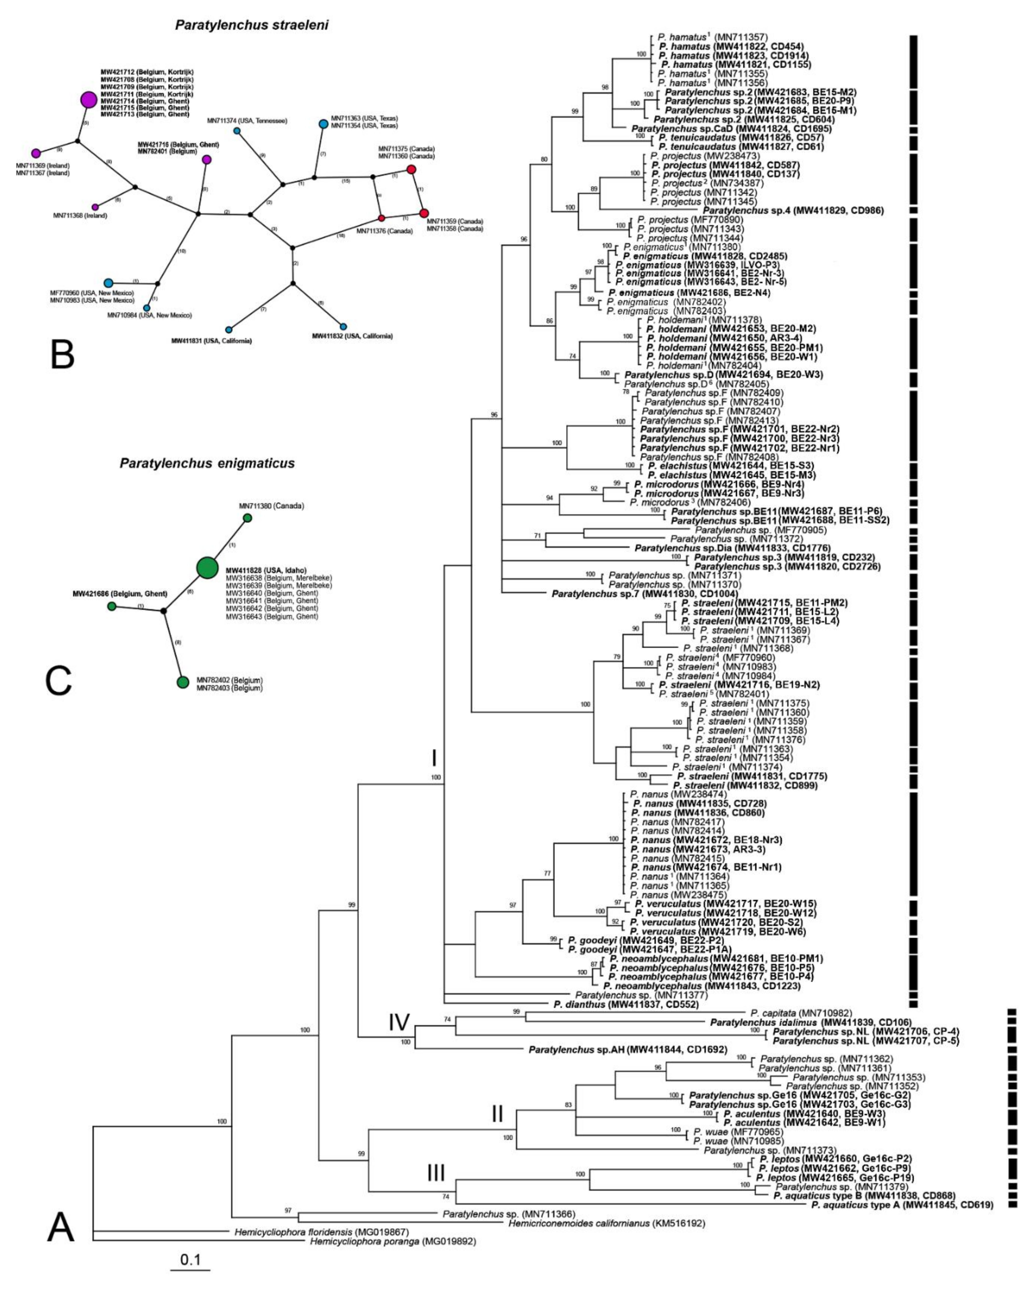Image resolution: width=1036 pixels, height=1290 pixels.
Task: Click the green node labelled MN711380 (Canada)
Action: (247, 518)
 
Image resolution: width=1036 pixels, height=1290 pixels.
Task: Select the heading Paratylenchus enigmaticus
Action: (207, 463)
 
